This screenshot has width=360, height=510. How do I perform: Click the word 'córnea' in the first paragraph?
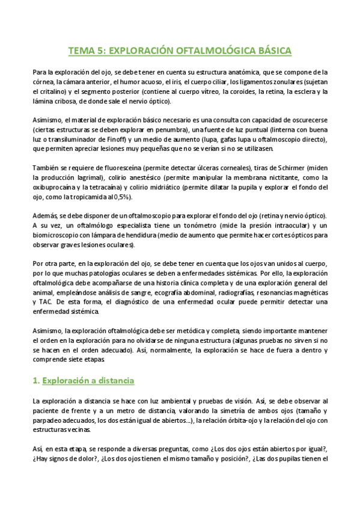coord(43,82)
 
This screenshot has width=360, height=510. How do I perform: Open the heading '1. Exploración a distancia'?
coord(83,381)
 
